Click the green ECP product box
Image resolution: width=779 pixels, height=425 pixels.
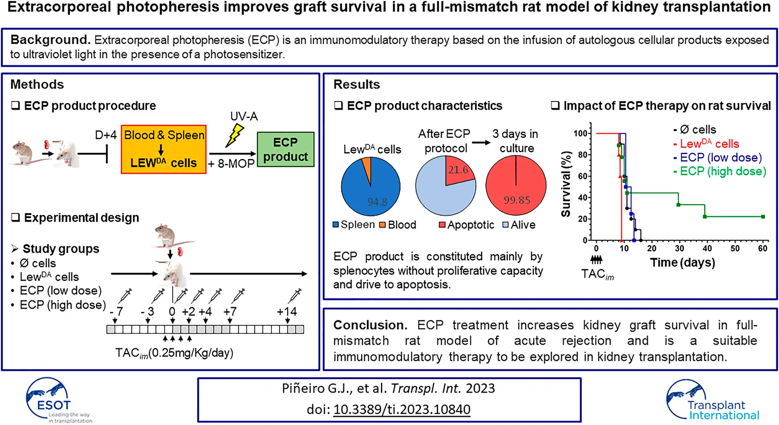(285, 150)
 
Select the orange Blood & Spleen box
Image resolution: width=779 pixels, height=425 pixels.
(164, 149)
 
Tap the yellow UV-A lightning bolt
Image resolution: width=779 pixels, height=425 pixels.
(235, 135)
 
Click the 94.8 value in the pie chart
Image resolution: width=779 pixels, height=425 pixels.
(377, 202)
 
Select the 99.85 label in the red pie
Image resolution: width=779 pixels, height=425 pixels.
(517, 200)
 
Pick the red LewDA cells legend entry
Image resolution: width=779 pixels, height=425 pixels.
(709, 144)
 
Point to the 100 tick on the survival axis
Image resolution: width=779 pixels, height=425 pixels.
(580, 133)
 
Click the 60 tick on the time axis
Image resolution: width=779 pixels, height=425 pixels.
(762, 249)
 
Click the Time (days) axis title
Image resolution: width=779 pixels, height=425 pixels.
(682, 263)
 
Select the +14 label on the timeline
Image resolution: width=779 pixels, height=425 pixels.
(287, 312)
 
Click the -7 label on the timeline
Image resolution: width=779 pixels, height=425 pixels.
(116, 312)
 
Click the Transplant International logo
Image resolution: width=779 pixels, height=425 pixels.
(712, 400)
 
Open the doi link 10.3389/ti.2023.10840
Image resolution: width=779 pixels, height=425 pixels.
(401, 410)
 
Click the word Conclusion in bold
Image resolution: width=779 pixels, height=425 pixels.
(369, 325)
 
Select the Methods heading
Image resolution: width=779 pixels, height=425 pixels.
(37, 84)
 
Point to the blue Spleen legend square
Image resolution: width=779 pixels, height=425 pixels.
(336, 225)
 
